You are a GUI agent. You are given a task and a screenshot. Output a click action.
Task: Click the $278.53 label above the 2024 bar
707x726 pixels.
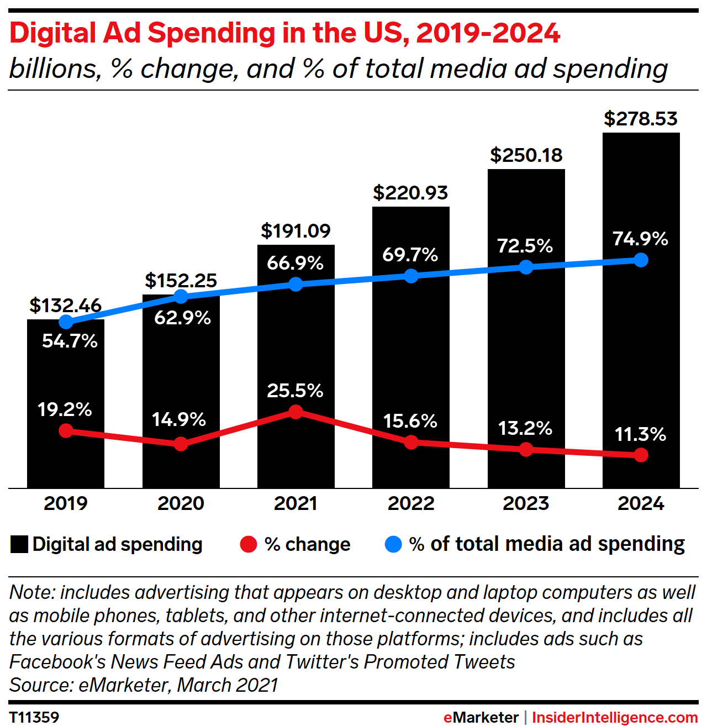641,119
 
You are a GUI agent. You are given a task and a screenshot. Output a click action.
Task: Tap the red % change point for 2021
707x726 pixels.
296,412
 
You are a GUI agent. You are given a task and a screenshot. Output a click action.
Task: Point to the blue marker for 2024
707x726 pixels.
641,260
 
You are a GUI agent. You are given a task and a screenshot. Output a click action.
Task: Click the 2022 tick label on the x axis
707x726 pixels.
411,503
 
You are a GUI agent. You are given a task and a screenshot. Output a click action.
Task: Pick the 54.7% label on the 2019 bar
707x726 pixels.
70,341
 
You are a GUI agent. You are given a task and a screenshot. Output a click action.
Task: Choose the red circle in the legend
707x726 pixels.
249,545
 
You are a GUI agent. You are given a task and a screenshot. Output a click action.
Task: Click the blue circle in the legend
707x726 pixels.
393,545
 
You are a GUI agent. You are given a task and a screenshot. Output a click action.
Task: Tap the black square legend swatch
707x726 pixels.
19,545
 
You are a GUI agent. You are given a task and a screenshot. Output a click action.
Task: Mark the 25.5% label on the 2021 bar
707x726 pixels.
295,391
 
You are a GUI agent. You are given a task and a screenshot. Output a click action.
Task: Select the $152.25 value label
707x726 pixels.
181,281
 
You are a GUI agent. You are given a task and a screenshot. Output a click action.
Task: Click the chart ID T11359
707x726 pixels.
34,717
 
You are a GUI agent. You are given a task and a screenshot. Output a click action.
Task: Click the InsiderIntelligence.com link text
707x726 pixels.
615,717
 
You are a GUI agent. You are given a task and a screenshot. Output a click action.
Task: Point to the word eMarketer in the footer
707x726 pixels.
481,717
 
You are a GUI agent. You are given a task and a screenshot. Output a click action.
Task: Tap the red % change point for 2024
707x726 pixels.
641,455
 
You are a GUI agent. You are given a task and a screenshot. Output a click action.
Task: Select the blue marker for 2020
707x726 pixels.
181,297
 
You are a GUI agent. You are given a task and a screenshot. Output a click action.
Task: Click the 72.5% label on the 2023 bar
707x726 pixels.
525,246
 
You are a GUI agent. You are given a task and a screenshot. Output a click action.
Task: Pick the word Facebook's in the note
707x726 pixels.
58,662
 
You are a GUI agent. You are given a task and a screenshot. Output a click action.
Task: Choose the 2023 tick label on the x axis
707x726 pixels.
526,503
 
